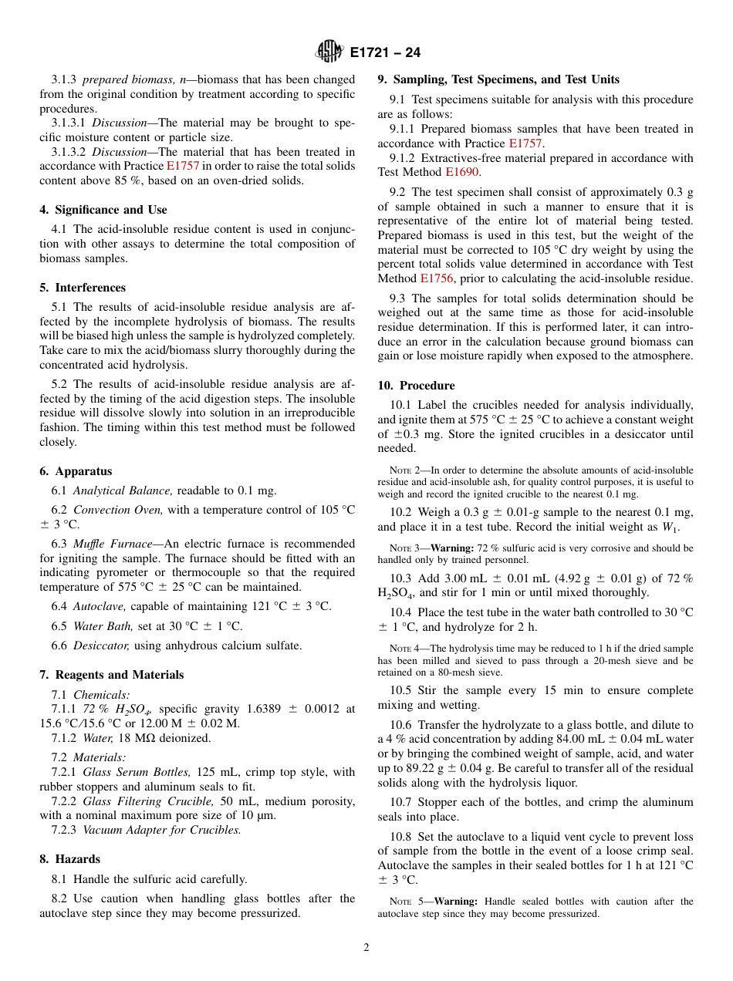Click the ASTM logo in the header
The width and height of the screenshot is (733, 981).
coord(329,52)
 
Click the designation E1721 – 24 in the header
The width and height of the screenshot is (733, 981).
coord(385,53)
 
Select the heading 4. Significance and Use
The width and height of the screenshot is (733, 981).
coord(103,210)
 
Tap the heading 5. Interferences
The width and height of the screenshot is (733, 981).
coord(83,288)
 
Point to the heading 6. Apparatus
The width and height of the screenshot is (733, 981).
coord(76,471)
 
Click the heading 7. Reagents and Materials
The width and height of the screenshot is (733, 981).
coord(112,675)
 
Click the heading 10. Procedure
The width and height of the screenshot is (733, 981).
coord(416,386)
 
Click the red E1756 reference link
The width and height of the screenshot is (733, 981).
coord(437,278)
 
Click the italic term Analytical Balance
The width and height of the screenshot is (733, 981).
coord(123,490)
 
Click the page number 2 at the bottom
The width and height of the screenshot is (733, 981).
coord(366,949)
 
